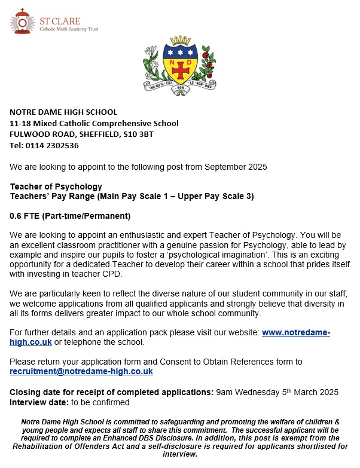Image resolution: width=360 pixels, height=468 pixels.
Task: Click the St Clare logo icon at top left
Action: [x=22, y=22]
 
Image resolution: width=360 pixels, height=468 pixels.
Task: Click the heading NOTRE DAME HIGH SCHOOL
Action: [x=63, y=112]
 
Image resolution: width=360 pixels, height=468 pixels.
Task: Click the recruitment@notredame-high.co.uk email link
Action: [x=81, y=371]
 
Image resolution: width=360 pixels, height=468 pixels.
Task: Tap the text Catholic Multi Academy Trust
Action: [x=69, y=29]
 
